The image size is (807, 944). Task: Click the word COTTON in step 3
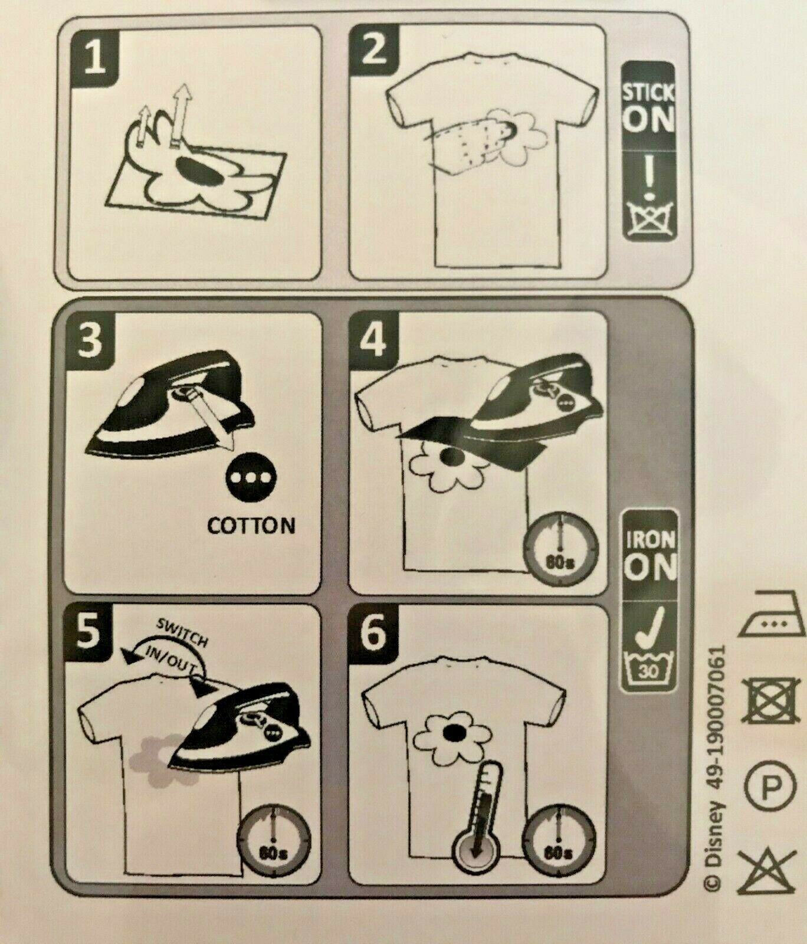click(x=251, y=526)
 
